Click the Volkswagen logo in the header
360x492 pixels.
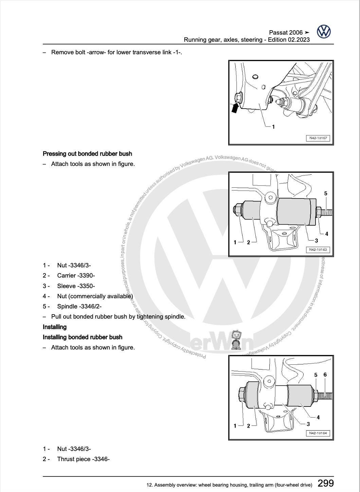click(x=324, y=32)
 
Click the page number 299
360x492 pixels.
click(x=325, y=483)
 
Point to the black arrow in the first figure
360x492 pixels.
click(x=235, y=108)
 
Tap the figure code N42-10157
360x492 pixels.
click(x=318, y=138)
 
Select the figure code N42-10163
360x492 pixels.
click(x=318, y=250)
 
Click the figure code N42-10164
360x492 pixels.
click(x=318, y=433)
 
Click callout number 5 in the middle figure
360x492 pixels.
click(x=326, y=193)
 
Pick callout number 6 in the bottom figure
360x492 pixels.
click(x=325, y=375)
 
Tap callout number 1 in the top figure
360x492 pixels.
click(x=273, y=127)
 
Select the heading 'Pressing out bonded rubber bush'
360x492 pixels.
click(x=87, y=154)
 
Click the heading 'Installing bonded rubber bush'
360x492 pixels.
click(x=83, y=337)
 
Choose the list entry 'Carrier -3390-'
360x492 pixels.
click(x=76, y=276)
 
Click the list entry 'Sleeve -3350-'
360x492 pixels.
click(x=76, y=286)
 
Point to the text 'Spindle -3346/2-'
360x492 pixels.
click(x=79, y=306)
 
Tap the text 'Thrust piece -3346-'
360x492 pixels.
click(x=83, y=459)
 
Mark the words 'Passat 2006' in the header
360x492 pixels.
click(x=286, y=33)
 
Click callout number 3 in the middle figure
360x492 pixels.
click(x=316, y=241)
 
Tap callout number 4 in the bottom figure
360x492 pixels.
click(x=318, y=417)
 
